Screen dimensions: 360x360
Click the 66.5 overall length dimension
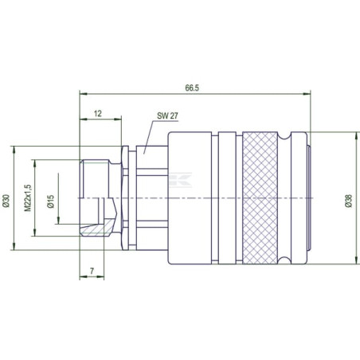[192, 88]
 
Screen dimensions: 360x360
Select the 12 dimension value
[98, 114]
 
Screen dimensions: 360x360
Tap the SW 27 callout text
[167, 115]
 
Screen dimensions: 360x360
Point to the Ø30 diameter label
[6, 201]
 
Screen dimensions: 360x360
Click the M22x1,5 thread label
[28, 198]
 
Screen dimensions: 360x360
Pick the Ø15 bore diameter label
[50, 202]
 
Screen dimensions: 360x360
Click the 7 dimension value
[92, 271]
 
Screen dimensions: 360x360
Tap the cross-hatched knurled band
[260, 198]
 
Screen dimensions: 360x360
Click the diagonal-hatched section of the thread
[97, 228]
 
